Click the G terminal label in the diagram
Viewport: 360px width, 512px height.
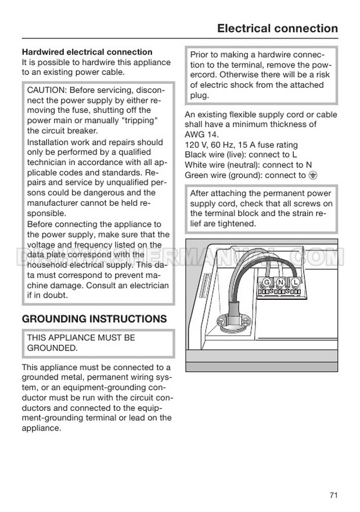point(267,282)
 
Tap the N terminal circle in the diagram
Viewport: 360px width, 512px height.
point(280,282)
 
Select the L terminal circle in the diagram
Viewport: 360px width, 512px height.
point(295,282)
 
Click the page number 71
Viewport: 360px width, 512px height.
point(333,495)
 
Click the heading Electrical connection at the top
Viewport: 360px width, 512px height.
point(277,28)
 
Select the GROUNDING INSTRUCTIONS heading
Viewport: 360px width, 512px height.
point(94,319)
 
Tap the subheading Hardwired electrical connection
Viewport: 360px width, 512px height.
point(87,52)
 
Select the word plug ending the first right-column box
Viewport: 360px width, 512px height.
point(199,95)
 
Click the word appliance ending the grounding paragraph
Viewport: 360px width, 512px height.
point(41,428)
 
